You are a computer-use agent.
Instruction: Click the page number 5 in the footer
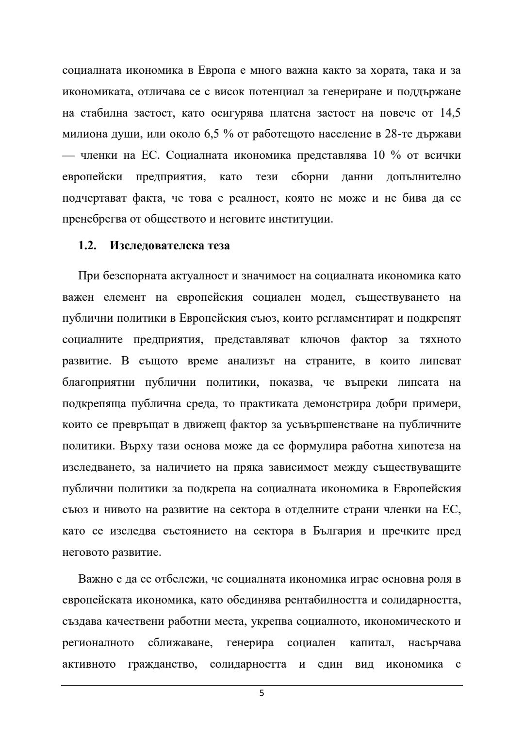tap(262, 693)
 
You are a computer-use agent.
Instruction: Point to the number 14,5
tap(450, 113)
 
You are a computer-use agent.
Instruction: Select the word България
tap(337, 531)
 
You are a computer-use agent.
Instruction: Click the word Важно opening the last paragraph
tap(95, 579)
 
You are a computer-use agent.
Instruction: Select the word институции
tap(304, 219)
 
